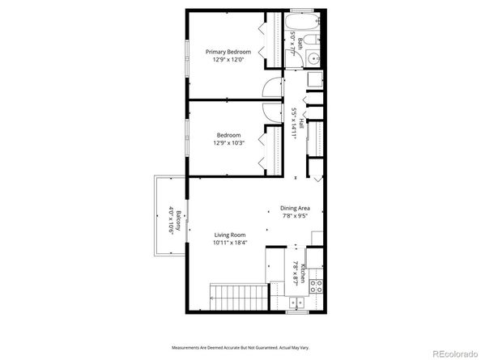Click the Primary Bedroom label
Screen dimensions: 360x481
tap(228, 52)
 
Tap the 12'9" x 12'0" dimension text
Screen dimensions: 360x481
tap(228, 60)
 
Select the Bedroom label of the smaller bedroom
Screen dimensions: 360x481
tap(228, 135)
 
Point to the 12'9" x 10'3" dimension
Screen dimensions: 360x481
tap(228, 143)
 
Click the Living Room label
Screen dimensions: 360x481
tap(229, 235)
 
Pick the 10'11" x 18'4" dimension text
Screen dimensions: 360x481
tap(229, 243)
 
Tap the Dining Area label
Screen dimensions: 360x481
tap(296, 208)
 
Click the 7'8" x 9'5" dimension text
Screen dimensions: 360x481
tap(296, 216)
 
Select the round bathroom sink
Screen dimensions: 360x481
tap(316, 58)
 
